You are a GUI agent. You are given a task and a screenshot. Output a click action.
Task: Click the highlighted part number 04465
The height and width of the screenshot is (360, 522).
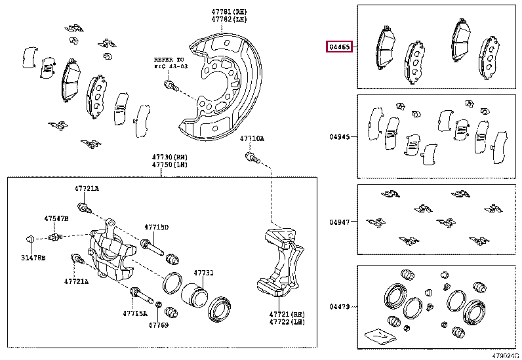(340, 47)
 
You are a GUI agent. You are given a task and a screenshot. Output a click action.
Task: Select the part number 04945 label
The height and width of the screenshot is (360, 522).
(340, 138)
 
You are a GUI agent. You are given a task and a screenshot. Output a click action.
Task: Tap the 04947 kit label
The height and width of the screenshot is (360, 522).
(340, 222)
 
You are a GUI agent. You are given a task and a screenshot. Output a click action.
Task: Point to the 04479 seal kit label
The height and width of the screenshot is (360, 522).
(340, 306)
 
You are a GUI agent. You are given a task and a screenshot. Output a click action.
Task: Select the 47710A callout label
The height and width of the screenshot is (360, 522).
(251, 139)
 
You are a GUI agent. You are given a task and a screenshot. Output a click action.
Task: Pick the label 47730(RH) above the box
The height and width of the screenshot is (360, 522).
(171, 158)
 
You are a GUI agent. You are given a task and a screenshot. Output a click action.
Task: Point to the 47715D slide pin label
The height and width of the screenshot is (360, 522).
(157, 228)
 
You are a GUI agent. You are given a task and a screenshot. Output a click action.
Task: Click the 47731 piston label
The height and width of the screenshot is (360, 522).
(203, 273)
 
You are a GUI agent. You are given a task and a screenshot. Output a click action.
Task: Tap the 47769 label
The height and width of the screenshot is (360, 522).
(158, 325)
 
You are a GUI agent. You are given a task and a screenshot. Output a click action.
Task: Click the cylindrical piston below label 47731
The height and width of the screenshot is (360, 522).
(194, 296)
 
